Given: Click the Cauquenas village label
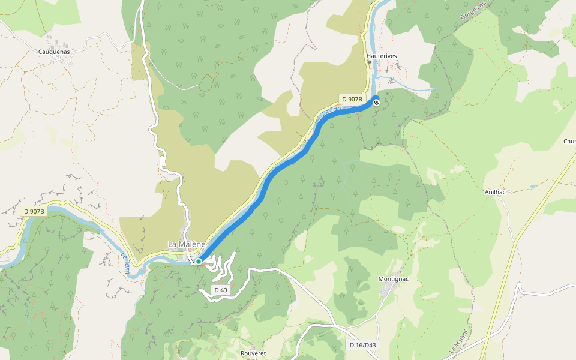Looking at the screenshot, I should [x=54, y=52].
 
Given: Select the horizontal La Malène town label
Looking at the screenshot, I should [x=187, y=244].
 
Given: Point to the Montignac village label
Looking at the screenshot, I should [x=394, y=279].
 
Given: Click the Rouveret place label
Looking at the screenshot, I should [x=253, y=353].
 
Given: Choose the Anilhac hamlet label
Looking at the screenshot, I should [x=496, y=193].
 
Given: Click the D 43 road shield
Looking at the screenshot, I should [x=220, y=290].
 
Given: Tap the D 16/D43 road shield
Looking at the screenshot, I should [x=364, y=345].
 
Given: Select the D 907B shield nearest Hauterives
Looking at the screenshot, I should [x=352, y=99].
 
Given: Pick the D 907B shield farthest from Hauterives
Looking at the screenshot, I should [x=34, y=211].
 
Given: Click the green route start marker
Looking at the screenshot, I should [x=199, y=262].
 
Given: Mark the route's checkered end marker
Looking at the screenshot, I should [x=376, y=103].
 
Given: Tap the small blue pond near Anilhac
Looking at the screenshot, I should [x=533, y=187].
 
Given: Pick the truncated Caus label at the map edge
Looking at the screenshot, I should [x=569, y=142].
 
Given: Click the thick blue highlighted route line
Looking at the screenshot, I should [x=282, y=168].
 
